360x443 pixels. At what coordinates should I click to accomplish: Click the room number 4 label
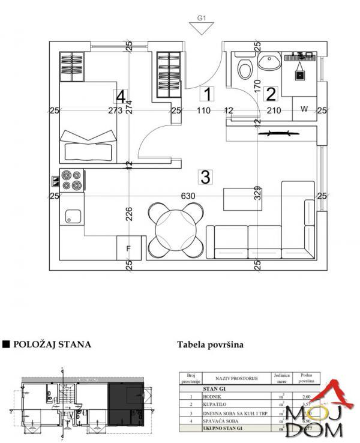tap(121, 96)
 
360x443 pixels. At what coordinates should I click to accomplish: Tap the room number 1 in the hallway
tap(207, 94)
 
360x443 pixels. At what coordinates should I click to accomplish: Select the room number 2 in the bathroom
tap(271, 94)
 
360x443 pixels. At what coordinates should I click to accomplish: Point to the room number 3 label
tap(205, 177)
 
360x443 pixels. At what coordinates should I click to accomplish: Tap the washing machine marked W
tap(304, 109)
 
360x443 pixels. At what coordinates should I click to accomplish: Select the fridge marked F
tap(128, 247)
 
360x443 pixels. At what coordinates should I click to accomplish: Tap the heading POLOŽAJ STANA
tap(52, 345)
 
